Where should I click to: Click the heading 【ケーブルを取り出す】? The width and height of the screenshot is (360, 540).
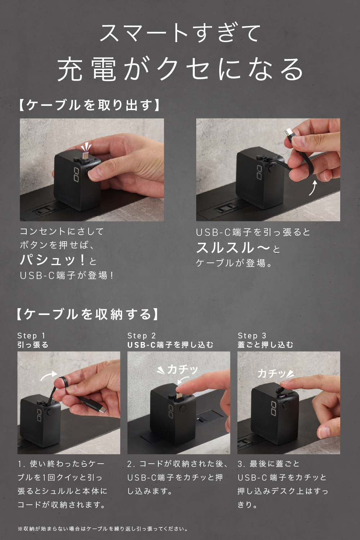pyautogui.click(x=89, y=105)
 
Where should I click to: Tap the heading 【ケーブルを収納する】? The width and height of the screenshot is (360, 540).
pyautogui.click(x=88, y=314)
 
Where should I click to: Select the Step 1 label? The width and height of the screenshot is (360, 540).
pyautogui.click(x=31, y=336)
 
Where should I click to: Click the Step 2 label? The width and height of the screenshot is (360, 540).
pyautogui.click(x=141, y=336)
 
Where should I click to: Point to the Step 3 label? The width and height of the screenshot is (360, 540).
pyautogui.click(x=252, y=336)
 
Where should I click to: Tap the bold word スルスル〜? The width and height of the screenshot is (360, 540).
pyautogui.click(x=233, y=248)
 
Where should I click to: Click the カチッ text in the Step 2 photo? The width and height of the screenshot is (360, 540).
pyautogui.click(x=183, y=369)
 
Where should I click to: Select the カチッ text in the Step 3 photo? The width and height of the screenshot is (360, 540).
pyautogui.click(x=272, y=373)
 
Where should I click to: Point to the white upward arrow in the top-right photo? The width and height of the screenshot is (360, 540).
pyautogui.click(x=313, y=188)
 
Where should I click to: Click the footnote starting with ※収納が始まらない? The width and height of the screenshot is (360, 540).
pyautogui.click(x=103, y=529)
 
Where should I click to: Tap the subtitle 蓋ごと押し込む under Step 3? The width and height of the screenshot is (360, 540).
pyautogui.click(x=265, y=345)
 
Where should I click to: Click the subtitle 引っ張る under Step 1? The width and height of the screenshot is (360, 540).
pyautogui.click(x=33, y=345)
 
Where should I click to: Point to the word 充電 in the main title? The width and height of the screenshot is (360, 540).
pyautogui.click(x=87, y=69)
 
